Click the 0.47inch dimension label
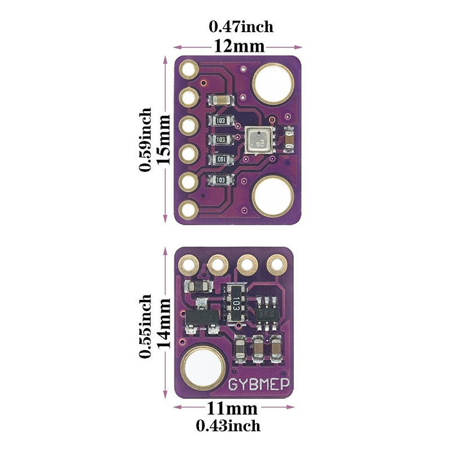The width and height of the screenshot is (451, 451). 241,26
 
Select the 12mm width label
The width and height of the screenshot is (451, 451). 238,46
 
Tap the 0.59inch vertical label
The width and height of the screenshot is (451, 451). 146,139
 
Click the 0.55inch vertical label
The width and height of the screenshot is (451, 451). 146,325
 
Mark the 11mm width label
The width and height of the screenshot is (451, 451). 232,408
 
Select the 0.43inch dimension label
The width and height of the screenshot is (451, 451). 228,426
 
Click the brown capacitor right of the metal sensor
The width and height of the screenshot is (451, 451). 289,140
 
